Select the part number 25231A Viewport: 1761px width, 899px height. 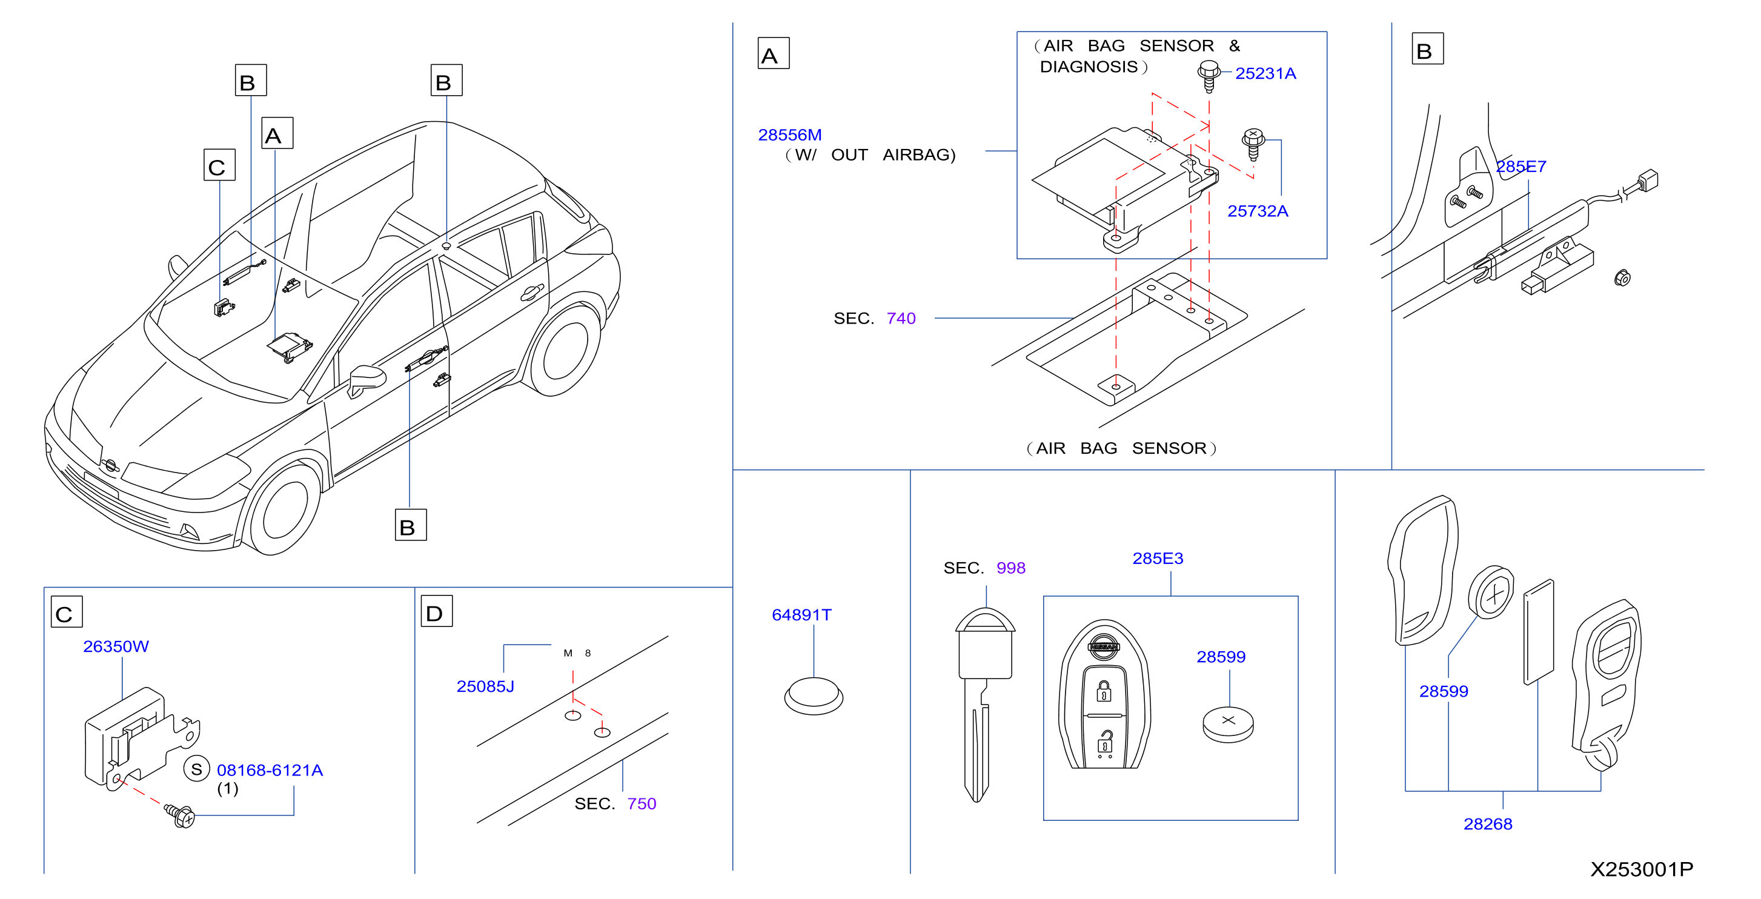click(x=1265, y=73)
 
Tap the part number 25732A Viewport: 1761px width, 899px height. click(x=1257, y=211)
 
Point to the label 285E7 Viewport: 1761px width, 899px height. click(x=1521, y=166)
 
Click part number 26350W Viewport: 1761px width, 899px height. click(x=116, y=646)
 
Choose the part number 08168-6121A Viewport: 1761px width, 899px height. click(x=270, y=770)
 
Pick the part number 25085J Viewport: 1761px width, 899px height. click(x=485, y=686)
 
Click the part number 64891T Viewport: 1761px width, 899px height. click(x=801, y=615)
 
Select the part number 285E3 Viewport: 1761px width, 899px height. click(x=1158, y=558)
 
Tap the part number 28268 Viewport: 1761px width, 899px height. click(x=1488, y=824)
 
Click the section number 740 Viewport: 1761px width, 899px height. click(x=900, y=318)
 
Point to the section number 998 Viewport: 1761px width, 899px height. click(x=1010, y=568)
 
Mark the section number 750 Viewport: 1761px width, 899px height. click(x=642, y=803)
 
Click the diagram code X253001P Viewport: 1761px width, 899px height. click(x=1642, y=869)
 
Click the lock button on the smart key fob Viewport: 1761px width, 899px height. click(x=1103, y=691)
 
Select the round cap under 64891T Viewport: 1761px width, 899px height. click(x=814, y=696)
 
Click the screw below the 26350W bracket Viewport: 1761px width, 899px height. click(x=180, y=815)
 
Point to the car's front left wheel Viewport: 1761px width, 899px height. click(x=282, y=506)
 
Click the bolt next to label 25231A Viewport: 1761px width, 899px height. click(x=1209, y=75)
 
